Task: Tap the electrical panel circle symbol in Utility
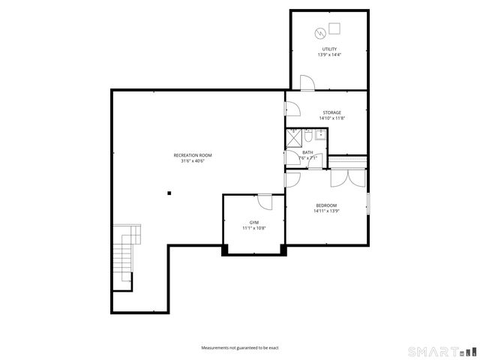coord(320,33)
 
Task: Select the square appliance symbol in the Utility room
coord(334,28)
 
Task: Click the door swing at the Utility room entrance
coord(306,83)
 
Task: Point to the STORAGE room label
coord(331,112)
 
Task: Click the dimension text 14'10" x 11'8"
coord(331,118)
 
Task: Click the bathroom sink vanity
coord(319,135)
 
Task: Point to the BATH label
coord(307,152)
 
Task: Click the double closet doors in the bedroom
coord(347,177)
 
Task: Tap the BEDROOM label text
coord(325,205)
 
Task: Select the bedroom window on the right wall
coord(367,204)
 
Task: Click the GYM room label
coord(253,222)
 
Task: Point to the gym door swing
coord(264,201)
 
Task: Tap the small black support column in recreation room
coord(169,193)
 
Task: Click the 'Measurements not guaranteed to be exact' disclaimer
coord(239,348)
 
